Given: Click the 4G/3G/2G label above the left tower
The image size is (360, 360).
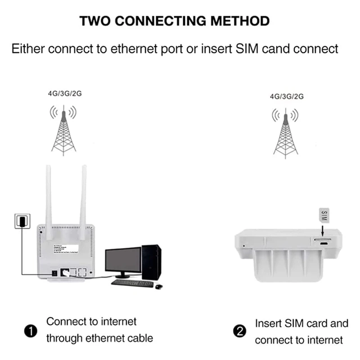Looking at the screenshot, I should (65, 94).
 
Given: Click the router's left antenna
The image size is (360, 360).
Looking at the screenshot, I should (49, 193).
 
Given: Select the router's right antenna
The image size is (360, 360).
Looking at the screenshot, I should (83, 193).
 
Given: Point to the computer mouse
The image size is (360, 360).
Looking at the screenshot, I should (158, 285).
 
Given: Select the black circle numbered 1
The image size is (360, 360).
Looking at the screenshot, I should (30, 332).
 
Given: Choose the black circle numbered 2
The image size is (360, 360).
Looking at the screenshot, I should (239, 332).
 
